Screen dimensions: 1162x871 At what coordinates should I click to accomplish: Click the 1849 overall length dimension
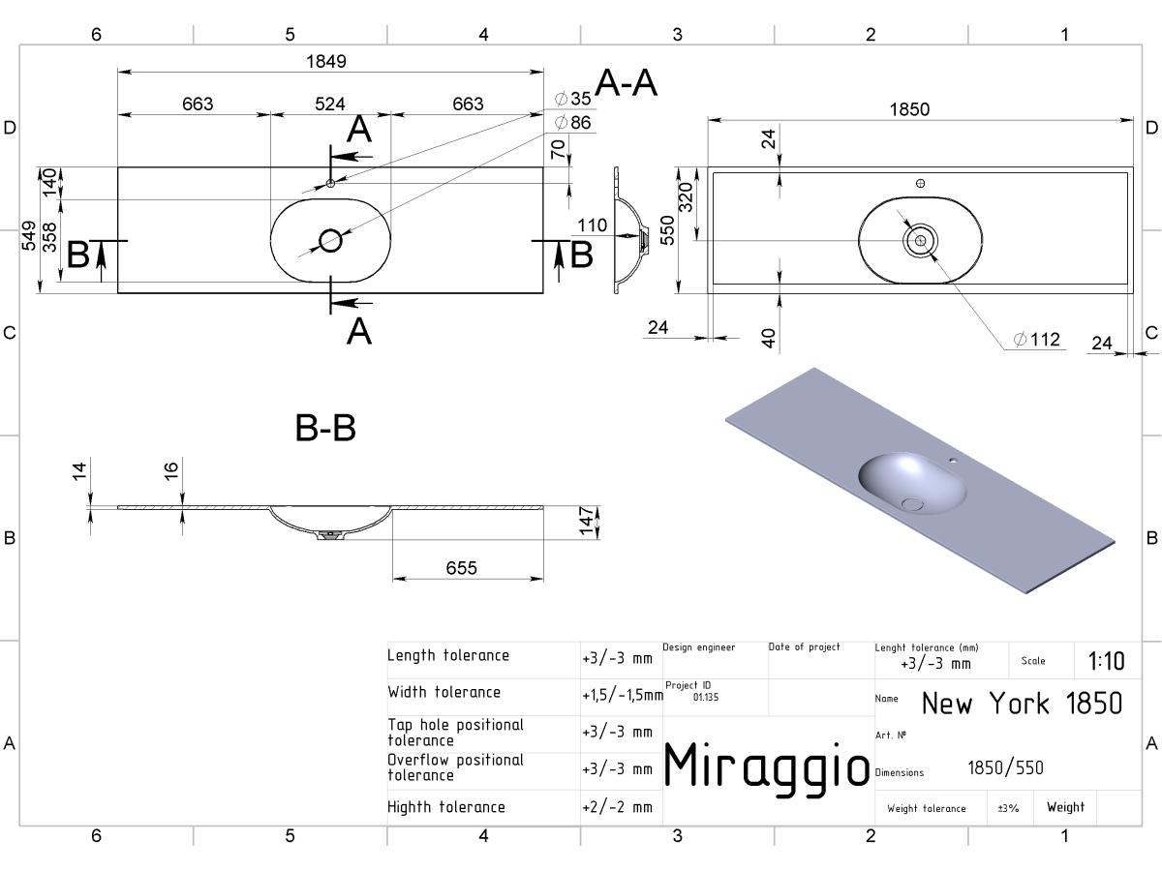tap(326, 61)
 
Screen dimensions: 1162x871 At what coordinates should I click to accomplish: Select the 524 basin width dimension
tap(330, 104)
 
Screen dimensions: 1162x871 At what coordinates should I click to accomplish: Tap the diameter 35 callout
tap(573, 99)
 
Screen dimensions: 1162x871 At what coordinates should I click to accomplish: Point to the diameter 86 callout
tap(573, 123)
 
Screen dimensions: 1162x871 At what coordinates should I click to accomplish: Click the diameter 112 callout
tap(1037, 339)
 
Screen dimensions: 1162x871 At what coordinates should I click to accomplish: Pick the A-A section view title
tap(627, 83)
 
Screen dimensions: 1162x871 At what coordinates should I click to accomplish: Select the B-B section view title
tap(325, 428)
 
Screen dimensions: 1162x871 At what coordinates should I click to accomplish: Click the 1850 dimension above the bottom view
tap(909, 109)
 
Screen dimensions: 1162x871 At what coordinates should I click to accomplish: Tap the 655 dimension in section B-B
tap(461, 568)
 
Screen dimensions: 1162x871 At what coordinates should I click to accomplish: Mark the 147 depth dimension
tap(587, 521)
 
